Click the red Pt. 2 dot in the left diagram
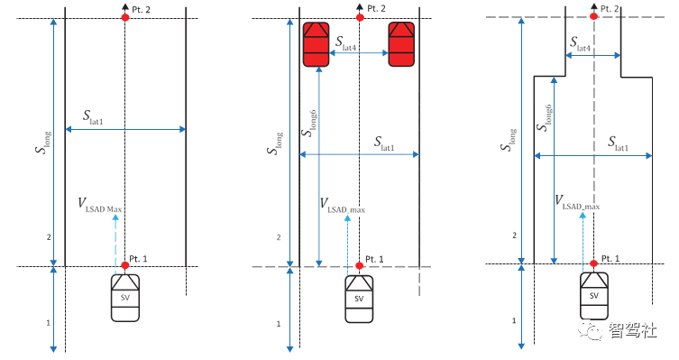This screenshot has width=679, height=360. tap(125, 17)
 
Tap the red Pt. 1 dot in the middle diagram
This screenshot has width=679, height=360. tap(359, 265)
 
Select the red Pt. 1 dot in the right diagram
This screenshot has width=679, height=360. tap(593, 263)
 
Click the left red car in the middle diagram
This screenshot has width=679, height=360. tap(316, 44)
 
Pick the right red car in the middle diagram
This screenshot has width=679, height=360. tap(401, 44)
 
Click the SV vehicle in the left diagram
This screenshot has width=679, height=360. tap(125, 298)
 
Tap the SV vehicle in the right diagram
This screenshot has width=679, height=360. tap(593, 296)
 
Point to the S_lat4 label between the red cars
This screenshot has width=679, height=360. tap(345, 43)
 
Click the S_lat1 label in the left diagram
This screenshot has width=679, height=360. tap(93, 117)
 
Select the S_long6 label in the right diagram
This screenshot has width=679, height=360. tap(545, 117)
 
